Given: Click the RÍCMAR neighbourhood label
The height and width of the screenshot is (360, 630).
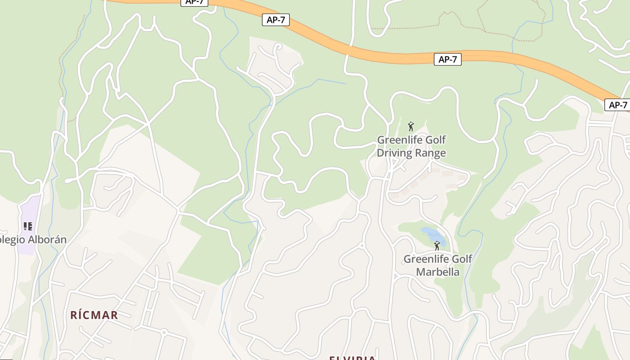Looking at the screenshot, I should pyautogui.click(x=94, y=315).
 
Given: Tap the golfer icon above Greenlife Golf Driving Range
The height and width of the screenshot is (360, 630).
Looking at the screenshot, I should pyautogui.click(x=410, y=126).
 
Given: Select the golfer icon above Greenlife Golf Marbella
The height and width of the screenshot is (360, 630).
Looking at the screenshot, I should pyautogui.click(x=437, y=246).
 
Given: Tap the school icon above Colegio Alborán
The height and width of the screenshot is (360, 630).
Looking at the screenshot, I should pyautogui.click(x=28, y=226).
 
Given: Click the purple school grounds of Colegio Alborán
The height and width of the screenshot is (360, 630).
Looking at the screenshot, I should pyautogui.click(x=30, y=211).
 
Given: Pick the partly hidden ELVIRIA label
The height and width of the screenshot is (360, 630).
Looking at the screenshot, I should pyautogui.click(x=352, y=357).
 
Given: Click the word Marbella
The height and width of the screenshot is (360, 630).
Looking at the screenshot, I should pyautogui.click(x=438, y=272).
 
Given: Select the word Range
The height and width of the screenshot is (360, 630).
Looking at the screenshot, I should pyautogui.click(x=431, y=153).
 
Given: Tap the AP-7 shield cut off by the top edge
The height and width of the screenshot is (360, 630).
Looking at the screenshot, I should pyautogui.click(x=194, y=2).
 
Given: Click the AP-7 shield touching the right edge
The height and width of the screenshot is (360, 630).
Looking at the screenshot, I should pyautogui.click(x=617, y=105).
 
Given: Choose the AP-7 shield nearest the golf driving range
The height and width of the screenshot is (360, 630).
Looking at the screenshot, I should pyautogui.click(x=448, y=59).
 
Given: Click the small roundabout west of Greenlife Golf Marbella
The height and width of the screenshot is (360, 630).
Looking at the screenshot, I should pyautogui.click(x=362, y=245).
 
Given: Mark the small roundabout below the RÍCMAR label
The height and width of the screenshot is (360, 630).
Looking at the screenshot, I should pyautogui.click(x=164, y=333).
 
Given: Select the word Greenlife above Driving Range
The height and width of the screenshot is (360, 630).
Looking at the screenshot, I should pyautogui.click(x=398, y=140).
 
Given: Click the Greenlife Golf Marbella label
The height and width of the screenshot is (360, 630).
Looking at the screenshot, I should pyautogui.click(x=438, y=265).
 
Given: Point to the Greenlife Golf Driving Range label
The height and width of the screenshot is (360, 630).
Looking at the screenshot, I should pyautogui.click(x=411, y=146).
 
